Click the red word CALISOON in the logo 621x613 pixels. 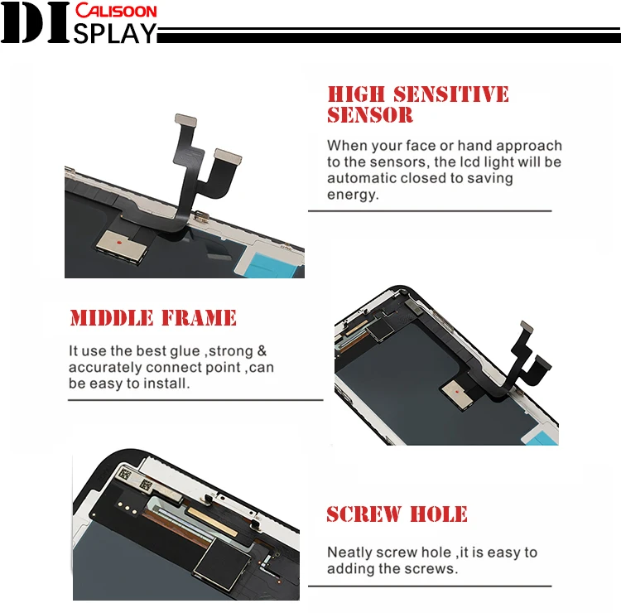[x=116, y=10]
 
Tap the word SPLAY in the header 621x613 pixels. [x=115, y=33]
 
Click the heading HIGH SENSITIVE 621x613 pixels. [x=418, y=94]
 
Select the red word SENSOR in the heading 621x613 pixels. [x=370, y=115]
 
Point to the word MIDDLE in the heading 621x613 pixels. [x=112, y=318]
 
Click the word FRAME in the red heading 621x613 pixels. [x=199, y=318]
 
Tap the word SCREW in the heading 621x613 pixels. [x=363, y=514]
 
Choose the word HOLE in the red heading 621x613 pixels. [x=438, y=514]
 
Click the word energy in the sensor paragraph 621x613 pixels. [x=353, y=195]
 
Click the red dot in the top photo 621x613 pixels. [x=118, y=242]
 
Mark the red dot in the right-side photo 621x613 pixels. [x=457, y=392]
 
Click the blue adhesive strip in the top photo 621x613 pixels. [x=272, y=264]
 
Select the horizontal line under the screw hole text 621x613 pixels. [x=430, y=586]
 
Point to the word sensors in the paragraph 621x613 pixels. [x=399, y=162]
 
